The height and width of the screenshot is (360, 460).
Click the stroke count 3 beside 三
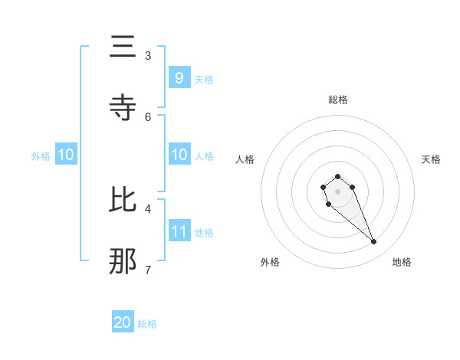[148, 55]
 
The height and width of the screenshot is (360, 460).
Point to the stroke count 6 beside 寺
[148, 116]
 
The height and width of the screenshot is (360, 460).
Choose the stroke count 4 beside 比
[148, 208]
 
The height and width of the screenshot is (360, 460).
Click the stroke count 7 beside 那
[148, 269]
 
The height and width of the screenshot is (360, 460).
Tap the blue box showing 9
[179, 77]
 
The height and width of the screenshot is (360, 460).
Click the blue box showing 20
[123, 322]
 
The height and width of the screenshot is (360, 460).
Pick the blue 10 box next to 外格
[66, 155]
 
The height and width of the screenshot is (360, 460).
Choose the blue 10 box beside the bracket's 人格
[179, 155]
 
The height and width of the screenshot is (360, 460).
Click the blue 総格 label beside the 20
[147, 324]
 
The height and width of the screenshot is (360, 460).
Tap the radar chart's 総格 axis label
[338, 100]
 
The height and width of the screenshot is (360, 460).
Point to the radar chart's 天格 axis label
[431, 159]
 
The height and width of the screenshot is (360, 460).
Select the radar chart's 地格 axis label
[402, 262]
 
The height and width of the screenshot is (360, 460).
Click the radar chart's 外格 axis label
[270, 262]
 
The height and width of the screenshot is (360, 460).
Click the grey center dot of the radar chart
[338, 191]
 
